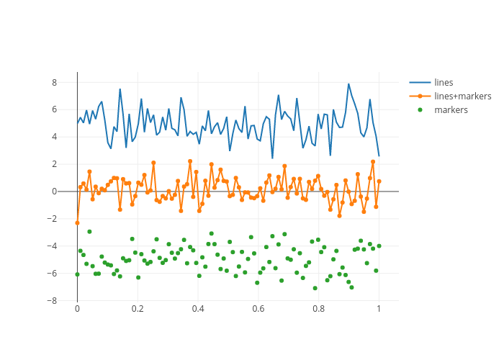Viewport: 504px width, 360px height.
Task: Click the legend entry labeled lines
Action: (x=444, y=82)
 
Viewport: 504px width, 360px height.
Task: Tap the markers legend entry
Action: (x=451, y=109)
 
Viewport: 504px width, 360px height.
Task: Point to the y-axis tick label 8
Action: (x=53, y=83)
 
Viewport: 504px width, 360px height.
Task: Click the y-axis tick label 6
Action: (x=53, y=109)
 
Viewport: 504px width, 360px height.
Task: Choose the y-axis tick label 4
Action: (x=53, y=137)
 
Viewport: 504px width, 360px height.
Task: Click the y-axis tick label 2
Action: (x=53, y=164)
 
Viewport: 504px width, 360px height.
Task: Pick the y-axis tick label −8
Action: (x=51, y=300)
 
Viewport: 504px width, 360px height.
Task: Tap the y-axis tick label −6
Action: (x=51, y=274)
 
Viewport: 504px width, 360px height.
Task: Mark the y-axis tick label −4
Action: (x=51, y=246)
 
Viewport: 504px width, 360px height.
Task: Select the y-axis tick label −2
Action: (x=51, y=219)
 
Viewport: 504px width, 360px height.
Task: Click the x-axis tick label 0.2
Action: (x=138, y=310)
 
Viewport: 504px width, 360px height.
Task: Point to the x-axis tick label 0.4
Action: (x=198, y=310)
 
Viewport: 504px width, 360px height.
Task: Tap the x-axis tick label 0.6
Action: (x=258, y=310)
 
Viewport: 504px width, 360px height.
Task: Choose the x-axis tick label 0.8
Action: (x=318, y=310)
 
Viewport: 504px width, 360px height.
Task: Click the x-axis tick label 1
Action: (x=379, y=310)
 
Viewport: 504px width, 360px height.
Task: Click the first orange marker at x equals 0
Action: (x=77, y=222)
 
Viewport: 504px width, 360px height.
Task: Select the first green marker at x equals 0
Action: (x=77, y=274)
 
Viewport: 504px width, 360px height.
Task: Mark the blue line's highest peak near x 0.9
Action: (x=348, y=84)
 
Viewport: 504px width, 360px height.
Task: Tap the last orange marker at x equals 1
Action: (x=379, y=181)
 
